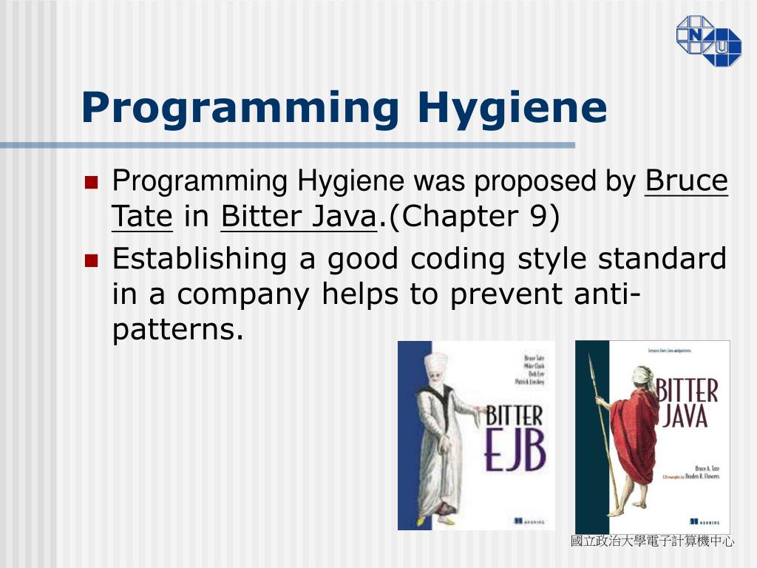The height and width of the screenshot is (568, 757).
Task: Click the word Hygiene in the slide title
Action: coord(512,108)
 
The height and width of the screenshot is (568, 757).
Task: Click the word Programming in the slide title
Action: coord(240,108)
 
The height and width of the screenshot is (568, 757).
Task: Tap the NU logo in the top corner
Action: coord(708,40)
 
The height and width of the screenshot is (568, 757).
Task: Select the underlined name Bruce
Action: coord(687,181)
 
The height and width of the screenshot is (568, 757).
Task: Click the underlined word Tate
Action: coord(142,217)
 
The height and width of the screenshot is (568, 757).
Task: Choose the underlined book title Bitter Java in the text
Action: coord(299,217)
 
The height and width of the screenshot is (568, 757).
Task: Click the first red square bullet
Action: coord(92,182)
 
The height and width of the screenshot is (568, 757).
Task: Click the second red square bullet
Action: coord(92,260)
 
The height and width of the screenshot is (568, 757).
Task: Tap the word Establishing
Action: coord(198,259)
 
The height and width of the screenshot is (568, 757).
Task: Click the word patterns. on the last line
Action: coord(177,329)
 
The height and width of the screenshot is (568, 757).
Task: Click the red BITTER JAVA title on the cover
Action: coord(688,403)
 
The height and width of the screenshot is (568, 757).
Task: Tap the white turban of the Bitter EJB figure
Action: coord(436,362)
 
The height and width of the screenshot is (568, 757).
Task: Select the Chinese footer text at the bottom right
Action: coord(652,542)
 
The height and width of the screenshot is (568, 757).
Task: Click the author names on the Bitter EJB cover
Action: coord(530,370)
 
